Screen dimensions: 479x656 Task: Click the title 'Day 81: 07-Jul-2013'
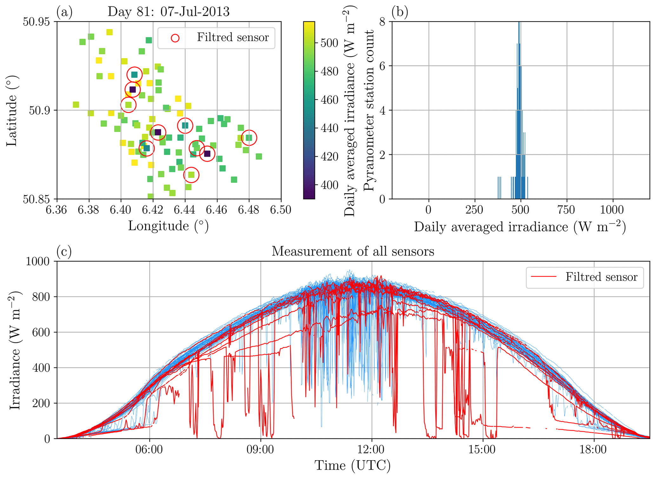pos(169,12)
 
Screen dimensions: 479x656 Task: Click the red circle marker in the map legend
pos(175,38)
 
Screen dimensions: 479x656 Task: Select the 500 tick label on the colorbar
pos(329,43)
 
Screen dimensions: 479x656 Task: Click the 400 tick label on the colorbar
pos(329,185)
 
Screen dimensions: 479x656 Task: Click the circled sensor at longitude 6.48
pos(249,138)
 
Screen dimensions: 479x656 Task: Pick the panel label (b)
pos(400,12)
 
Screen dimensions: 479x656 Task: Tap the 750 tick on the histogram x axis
pos(567,210)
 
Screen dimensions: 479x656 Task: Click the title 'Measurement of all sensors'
pos(353,251)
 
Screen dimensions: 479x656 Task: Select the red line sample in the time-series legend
pos(544,277)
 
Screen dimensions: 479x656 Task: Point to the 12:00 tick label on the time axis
pos(372,449)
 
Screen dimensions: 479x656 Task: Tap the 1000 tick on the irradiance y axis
pos(38,262)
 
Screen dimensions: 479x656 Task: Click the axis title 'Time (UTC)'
pos(353,466)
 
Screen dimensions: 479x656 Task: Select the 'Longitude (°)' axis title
pos(168,226)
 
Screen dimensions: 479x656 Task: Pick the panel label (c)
pos(64,251)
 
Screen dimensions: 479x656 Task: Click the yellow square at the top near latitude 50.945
pos(109,32)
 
